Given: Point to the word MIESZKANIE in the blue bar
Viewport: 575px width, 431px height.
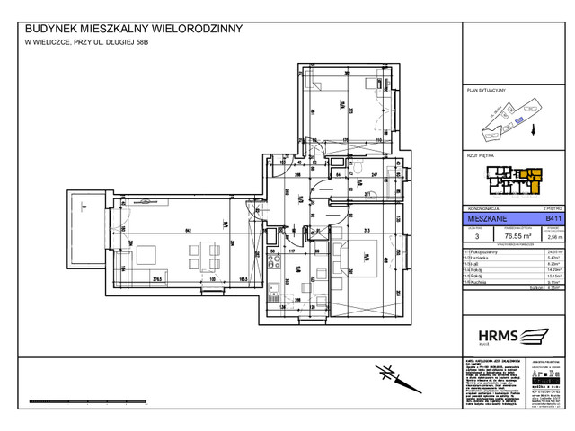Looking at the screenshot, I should click(483, 217).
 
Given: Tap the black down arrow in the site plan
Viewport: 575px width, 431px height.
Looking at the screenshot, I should click(534, 129).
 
